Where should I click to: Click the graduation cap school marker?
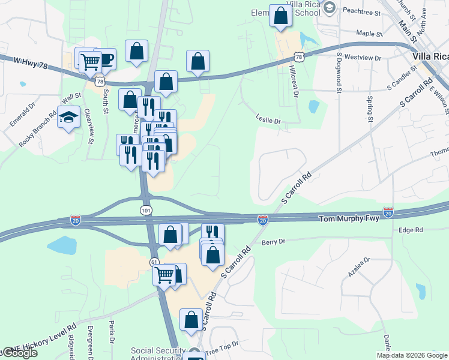pyautogui.click(x=69, y=117)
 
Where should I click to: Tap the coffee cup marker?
pyautogui.click(x=105, y=59)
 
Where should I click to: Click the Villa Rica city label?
pyautogui.click(x=431, y=56)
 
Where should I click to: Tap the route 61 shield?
pyautogui.click(x=154, y=262)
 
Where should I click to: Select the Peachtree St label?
pyautogui.click(x=361, y=11)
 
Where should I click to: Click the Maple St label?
pyautogui.click(x=369, y=34)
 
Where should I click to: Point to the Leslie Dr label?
pyautogui.click(x=268, y=121)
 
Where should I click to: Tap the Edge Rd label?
pyautogui.click(x=411, y=230)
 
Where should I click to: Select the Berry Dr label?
pyautogui.click(x=273, y=242)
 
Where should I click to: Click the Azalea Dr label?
pyautogui.click(x=360, y=268)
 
